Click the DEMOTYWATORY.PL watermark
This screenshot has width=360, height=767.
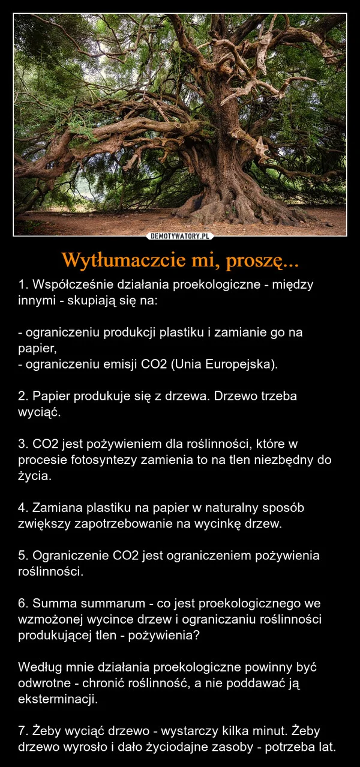(x=180, y=236)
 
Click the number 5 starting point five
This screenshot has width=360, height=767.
(x=22, y=555)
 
